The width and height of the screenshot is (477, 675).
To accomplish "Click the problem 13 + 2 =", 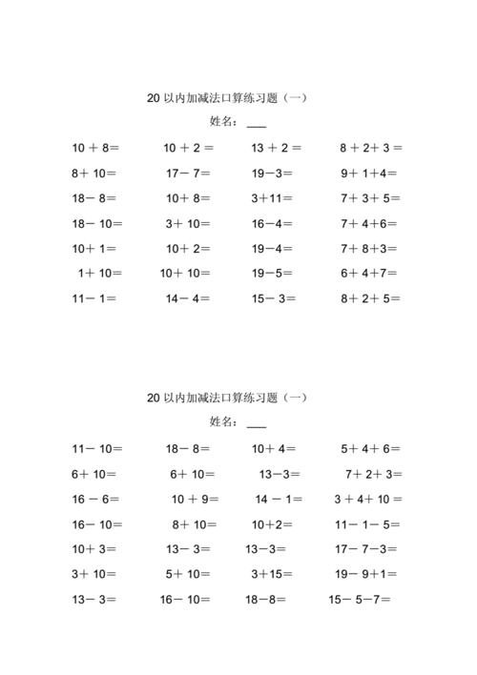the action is [277, 148].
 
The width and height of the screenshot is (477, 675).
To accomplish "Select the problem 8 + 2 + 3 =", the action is [371, 148].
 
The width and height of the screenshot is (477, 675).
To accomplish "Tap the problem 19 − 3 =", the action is [272, 174].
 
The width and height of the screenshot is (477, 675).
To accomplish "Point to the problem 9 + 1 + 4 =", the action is [368, 174].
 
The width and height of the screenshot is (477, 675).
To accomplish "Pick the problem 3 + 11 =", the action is [272, 198].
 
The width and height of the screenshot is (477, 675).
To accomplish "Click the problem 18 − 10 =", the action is [96, 223].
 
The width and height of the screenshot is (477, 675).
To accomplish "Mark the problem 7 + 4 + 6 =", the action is [370, 223].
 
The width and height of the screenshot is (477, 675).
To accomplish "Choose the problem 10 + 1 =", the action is [94, 248].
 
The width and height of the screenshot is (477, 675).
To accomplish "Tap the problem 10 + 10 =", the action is [186, 273].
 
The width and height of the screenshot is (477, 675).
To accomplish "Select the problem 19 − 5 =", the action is [272, 273].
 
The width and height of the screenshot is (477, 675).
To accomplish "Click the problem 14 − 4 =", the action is [188, 297].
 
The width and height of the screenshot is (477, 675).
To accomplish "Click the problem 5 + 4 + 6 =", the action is [371, 448].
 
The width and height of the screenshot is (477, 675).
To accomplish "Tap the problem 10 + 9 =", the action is [196, 499].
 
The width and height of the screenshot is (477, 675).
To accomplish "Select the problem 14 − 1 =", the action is [280, 499].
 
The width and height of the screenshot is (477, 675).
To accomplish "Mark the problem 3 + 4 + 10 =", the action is [368, 499].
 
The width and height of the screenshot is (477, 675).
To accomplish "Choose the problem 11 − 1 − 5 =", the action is [368, 523].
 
